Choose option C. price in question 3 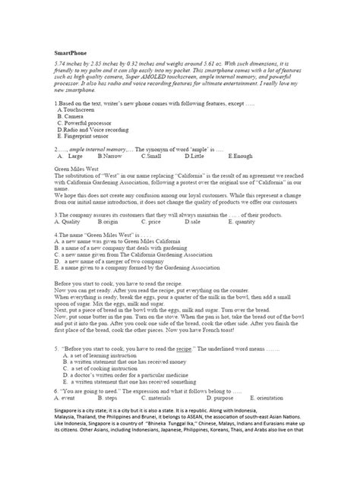[152, 223]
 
